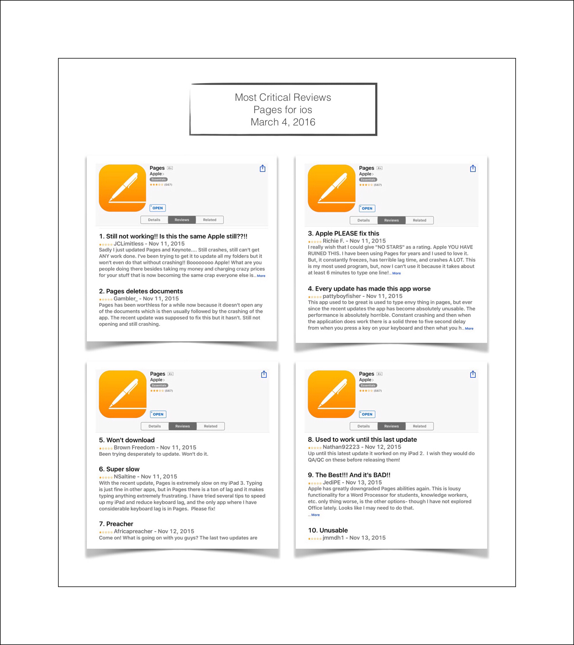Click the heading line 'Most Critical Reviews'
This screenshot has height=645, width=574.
(x=283, y=97)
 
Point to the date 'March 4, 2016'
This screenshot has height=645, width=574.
(x=283, y=122)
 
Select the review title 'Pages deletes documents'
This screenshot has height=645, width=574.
(x=144, y=291)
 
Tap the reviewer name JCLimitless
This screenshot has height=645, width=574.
(x=128, y=244)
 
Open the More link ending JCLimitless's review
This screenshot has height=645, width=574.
(x=261, y=276)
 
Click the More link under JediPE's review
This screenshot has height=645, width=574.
(x=315, y=515)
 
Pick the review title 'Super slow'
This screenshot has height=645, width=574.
(x=123, y=469)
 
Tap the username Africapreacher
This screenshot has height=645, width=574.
(x=133, y=531)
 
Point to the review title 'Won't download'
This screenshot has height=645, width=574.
(x=130, y=440)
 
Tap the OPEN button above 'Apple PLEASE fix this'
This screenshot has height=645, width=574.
(x=367, y=208)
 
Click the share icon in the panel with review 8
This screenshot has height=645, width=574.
(x=473, y=374)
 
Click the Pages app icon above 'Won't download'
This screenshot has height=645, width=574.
(x=122, y=394)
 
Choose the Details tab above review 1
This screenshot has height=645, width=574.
(x=154, y=220)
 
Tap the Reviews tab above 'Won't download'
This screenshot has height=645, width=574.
(x=183, y=426)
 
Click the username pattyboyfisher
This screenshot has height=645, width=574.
(x=342, y=296)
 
